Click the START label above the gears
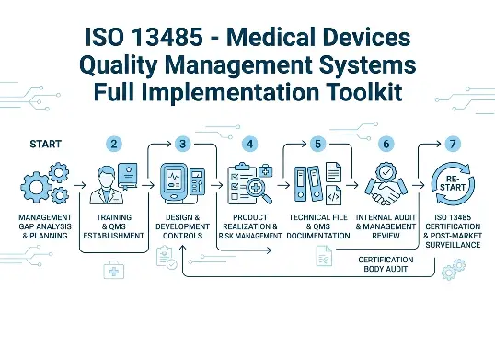[46, 145]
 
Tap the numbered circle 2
[114, 144]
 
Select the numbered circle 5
[317, 144]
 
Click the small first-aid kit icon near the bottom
[113, 269]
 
